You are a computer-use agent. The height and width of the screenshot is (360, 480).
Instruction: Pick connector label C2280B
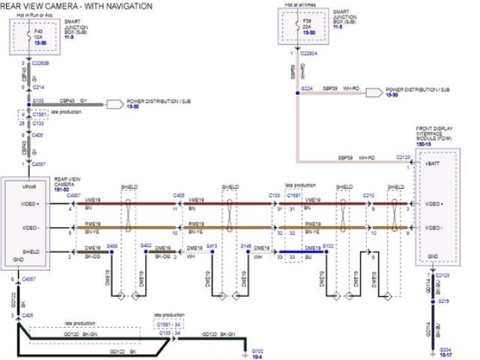pos(37,64)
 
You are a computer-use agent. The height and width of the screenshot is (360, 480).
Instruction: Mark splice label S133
pos(37,99)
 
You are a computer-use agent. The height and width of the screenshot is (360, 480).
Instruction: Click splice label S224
pos(306,88)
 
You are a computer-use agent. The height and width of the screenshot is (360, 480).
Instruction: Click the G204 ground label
pos(445,350)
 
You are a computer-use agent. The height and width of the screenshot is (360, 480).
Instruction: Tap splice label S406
pos(112,245)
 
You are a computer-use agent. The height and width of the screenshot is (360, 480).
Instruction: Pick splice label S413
pos(212,246)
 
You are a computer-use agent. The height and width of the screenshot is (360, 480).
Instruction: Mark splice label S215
pos(444,301)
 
